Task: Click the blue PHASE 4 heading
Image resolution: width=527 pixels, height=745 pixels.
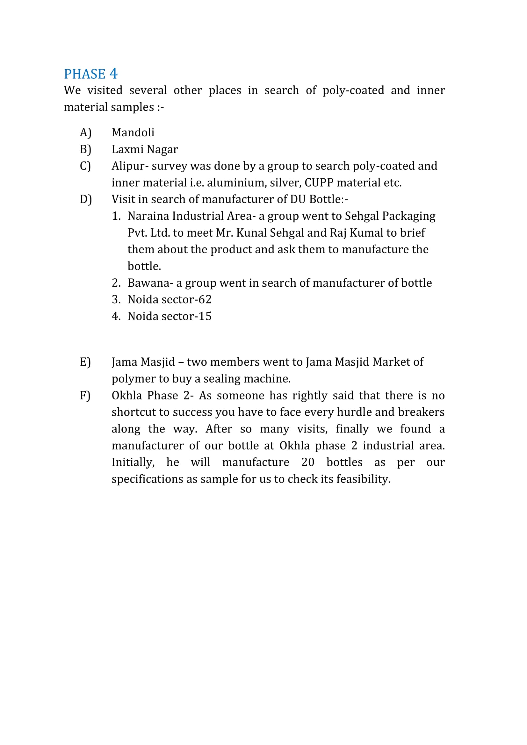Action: tap(90, 74)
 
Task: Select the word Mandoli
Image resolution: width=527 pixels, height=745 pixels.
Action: tap(133, 133)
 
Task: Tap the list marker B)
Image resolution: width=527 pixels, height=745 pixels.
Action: tap(86, 149)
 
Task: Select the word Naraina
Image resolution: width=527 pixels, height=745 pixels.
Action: tap(148, 216)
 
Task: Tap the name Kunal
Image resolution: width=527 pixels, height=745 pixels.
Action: tap(251, 233)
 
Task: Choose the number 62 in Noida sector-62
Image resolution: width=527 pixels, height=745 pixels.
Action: tap(205, 299)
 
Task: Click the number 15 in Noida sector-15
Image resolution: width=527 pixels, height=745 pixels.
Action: tap(205, 316)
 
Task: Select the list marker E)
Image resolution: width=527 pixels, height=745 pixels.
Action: tap(85, 362)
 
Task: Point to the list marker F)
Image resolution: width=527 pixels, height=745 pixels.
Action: tap(85, 396)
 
